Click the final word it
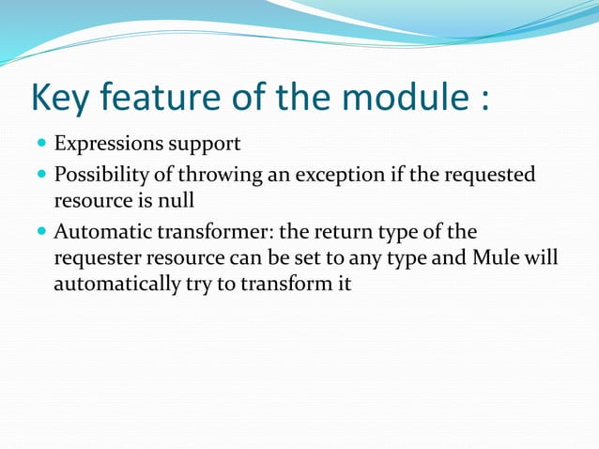click(343, 282)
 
